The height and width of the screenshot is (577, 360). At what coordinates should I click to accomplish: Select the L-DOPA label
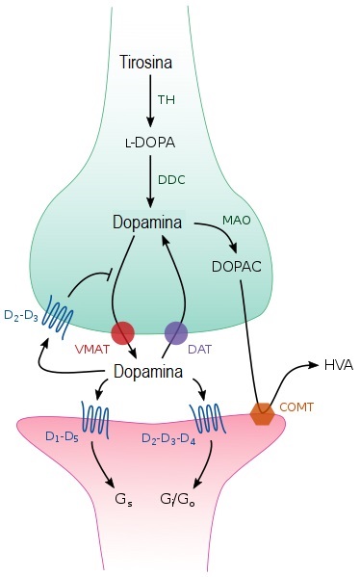[x=148, y=141]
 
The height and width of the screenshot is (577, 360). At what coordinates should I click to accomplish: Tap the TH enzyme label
[x=167, y=99]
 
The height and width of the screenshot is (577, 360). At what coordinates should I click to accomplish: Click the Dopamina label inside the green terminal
[x=147, y=223]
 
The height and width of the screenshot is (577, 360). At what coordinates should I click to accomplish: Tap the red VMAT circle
[x=123, y=333]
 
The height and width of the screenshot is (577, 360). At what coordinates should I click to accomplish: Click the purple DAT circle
[x=175, y=333]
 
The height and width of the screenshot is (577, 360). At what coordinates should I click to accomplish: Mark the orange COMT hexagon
[x=261, y=413]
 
